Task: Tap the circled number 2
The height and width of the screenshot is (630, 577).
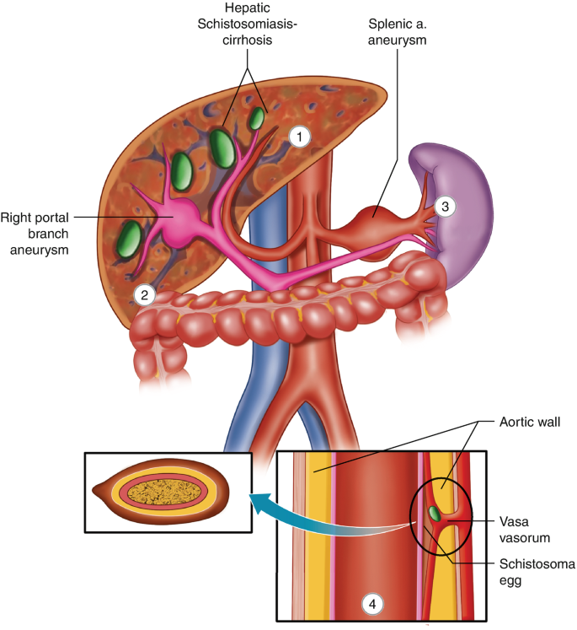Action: point(145,294)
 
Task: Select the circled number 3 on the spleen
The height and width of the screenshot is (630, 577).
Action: point(446,205)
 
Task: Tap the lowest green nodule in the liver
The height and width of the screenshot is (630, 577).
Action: point(129,238)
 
